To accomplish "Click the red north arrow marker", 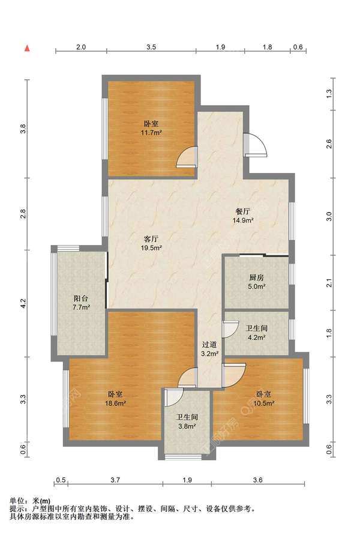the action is pyautogui.click(x=27, y=48).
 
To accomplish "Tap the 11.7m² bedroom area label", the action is pyautogui.click(x=151, y=128).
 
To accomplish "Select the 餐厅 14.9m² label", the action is pyautogui.click(x=243, y=216).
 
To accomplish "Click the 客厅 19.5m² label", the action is pyautogui.click(x=151, y=243).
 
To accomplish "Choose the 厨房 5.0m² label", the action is pyautogui.click(x=256, y=282).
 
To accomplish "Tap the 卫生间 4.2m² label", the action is pyautogui.click(x=256, y=333).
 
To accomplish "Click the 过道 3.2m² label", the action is pyautogui.click(x=209, y=349).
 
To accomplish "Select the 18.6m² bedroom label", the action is pyautogui.click(x=115, y=399).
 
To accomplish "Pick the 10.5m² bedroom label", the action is pyautogui.click(x=264, y=399).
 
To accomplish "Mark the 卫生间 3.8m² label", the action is pyautogui.click(x=187, y=422).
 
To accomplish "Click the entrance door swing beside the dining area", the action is pyautogui.click(x=255, y=144).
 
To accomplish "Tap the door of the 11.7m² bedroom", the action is pyautogui.click(x=187, y=157).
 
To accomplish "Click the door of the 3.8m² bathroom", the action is pyautogui.click(x=174, y=397).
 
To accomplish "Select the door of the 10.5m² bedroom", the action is pyautogui.click(x=233, y=375).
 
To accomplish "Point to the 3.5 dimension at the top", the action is pyautogui.click(x=151, y=47).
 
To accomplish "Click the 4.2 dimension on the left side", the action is pyautogui.click(x=23, y=302).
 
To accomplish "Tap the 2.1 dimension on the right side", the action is pyautogui.click(x=329, y=283).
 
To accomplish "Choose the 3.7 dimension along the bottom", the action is pyautogui.click(x=115, y=480).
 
